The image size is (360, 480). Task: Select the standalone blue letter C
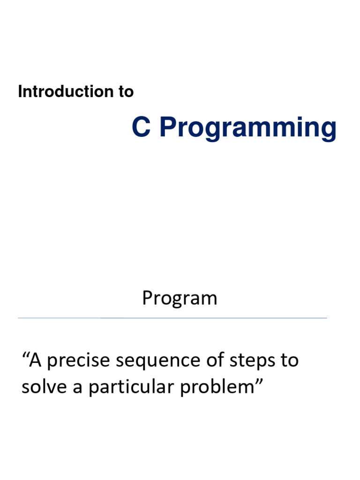(142, 127)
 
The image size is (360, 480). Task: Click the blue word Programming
(248, 128)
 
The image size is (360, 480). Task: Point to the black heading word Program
(180, 299)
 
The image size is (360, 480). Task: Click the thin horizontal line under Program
(172, 318)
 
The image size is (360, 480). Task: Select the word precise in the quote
(78, 361)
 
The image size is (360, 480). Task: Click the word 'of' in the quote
(215, 360)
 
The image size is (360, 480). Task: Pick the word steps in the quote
(252, 361)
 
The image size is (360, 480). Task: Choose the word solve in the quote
(44, 386)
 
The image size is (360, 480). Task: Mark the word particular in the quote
(131, 388)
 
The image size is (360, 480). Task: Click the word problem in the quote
(217, 388)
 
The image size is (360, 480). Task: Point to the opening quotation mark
(25, 355)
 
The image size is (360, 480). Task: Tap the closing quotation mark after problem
(259, 382)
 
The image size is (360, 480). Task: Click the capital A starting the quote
(35, 360)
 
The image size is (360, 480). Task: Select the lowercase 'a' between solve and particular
(77, 389)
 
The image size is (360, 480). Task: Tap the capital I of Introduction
(20, 91)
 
